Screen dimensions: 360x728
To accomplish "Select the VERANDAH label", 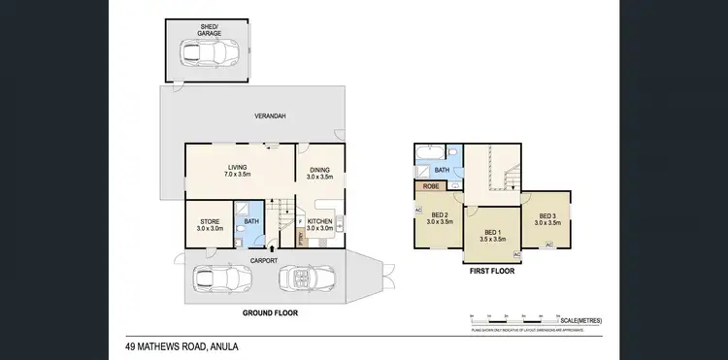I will coord(270,116).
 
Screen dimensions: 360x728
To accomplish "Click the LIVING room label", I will coord(238,171).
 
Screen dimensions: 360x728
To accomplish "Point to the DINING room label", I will coord(319,172).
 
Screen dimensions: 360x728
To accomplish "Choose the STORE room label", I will coord(210,223).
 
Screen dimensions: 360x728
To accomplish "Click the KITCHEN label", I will coord(320,223).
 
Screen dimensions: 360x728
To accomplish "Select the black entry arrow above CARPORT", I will coord(272,249).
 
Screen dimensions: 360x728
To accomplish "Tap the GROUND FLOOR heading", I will coord(270,313).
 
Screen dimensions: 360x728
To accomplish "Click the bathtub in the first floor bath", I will coord(428,153).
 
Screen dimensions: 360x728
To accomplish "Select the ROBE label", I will coord(428,188).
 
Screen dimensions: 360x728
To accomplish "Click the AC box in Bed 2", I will coord(418,209).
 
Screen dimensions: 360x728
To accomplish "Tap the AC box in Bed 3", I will coord(548,245).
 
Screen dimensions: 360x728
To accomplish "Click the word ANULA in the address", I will coord(220,346).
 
